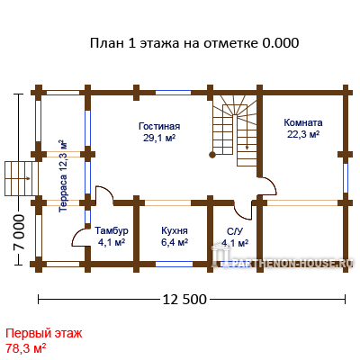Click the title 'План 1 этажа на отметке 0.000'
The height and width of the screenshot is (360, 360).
pyautogui.click(x=194, y=43)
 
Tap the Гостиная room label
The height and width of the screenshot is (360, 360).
pyautogui.click(x=159, y=126)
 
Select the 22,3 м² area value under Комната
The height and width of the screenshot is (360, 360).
pyautogui.click(x=303, y=134)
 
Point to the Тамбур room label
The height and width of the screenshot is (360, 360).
pyautogui.click(x=112, y=230)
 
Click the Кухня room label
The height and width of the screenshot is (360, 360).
pyautogui.click(x=175, y=230)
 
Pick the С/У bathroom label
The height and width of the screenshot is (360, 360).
pyautogui.click(x=235, y=231)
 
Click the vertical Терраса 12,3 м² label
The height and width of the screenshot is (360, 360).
pyautogui.click(x=63, y=175)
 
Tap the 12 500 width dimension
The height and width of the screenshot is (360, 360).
pyautogui.click(x=184, y=300)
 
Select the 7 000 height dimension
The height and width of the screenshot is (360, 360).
pyautogui.click(x=19, y=232)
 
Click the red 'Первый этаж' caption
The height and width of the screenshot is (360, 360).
pyautogui.click(x=44, y=333)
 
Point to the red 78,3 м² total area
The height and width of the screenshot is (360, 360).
pyautogui.click(x=26, y=348)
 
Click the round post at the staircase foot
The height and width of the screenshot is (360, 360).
pyautogui.click(x=212, y=155)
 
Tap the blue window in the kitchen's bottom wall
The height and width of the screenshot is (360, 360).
pyautogui.click(x=174, y=264)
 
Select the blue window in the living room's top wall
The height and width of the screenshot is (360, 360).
pyautogui.click(x=173, y=93)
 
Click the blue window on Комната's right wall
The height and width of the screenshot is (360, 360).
pyautogui.click(x=346, y=178)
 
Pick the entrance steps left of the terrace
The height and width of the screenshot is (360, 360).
pyautogui.click(x=22, y=179)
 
